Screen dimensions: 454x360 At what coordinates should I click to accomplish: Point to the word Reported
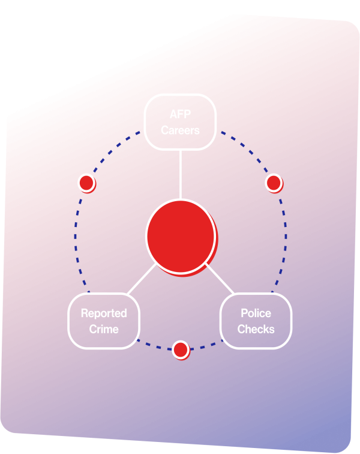[x=104, y=313]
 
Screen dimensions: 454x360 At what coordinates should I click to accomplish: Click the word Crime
[x=104, y=329]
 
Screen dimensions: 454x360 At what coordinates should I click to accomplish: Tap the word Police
[x=256, y=313]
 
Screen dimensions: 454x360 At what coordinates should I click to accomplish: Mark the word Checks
[x=256, y=329]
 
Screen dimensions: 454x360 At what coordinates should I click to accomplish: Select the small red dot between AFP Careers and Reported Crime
[x=86, y=182]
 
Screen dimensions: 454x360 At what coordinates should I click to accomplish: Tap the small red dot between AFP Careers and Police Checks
[x=274, y=182]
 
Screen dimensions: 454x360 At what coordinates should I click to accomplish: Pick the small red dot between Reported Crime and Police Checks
[x=180, y=349]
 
